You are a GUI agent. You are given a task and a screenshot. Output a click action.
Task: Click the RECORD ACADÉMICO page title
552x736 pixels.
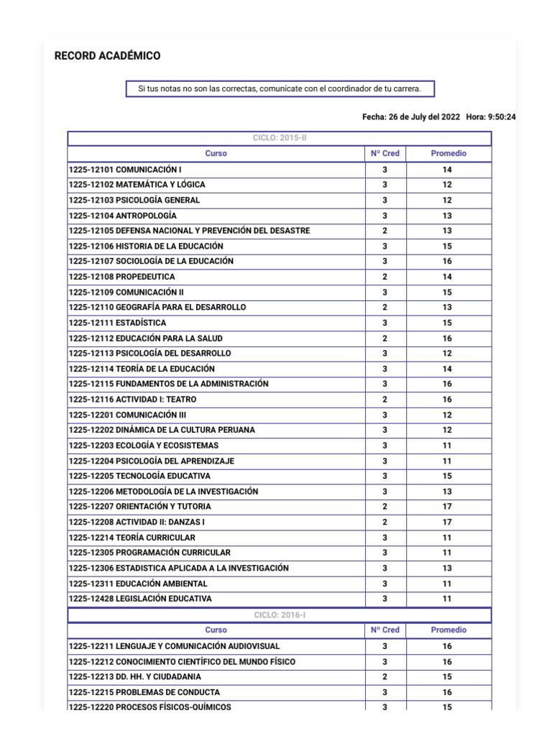108,56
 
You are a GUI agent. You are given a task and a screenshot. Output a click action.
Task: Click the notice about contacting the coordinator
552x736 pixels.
280,88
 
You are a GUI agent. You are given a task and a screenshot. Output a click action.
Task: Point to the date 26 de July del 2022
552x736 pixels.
420,117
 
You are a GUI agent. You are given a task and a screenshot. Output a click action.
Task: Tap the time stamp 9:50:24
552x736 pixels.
502,117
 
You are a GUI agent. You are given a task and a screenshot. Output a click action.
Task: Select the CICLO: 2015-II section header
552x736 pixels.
280,138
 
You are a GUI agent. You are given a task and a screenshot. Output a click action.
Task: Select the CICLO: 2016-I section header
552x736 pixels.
280,615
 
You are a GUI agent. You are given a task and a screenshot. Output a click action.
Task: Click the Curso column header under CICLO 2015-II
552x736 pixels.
216,154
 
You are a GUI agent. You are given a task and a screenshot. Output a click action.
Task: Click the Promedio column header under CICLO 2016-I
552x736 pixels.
448,630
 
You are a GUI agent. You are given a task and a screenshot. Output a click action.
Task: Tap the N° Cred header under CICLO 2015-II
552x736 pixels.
385,154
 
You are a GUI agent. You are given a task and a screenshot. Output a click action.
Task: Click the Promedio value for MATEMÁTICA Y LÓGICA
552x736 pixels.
447,185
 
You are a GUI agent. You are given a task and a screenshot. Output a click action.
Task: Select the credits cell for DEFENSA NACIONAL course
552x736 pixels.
385,231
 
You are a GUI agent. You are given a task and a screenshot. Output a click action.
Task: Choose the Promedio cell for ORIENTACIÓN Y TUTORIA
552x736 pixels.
447,507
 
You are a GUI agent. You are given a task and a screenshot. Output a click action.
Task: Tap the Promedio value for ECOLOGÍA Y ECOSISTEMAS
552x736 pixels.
447,446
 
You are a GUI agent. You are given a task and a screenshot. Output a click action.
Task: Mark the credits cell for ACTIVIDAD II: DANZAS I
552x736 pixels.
385,522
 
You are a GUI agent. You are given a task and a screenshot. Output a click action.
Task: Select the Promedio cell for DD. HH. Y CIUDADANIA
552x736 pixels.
447,677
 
